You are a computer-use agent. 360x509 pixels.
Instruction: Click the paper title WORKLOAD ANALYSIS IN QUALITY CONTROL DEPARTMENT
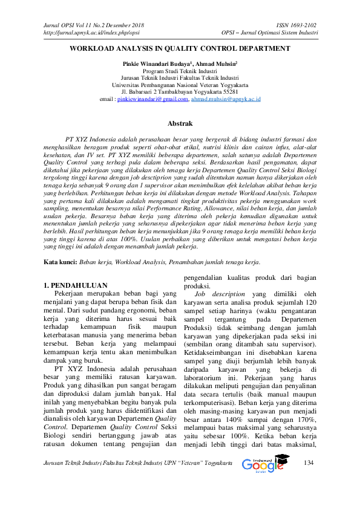180,48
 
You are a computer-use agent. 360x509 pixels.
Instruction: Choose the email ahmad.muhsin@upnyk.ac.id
226,99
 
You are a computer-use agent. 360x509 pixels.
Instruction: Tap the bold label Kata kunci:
62,262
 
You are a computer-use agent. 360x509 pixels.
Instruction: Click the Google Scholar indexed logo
263,482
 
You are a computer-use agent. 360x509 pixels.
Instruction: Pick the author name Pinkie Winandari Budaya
155,63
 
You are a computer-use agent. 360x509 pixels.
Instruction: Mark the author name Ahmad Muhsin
216,63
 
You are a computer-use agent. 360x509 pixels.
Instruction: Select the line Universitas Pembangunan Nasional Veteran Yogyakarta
180,84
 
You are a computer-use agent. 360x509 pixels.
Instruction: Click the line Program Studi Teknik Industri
180,70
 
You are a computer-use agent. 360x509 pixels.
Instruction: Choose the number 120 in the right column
309,302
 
